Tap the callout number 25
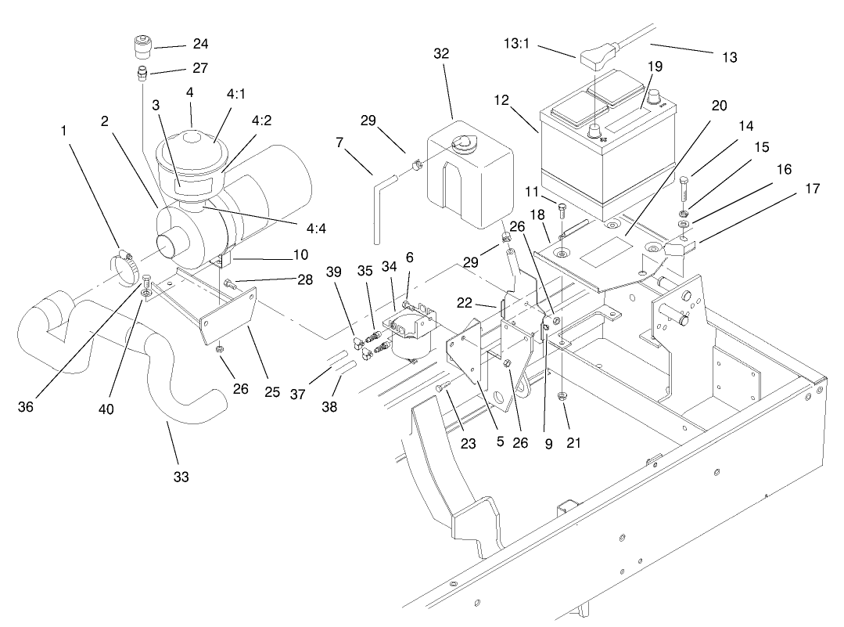pyautogui.click(x=271, y=391)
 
